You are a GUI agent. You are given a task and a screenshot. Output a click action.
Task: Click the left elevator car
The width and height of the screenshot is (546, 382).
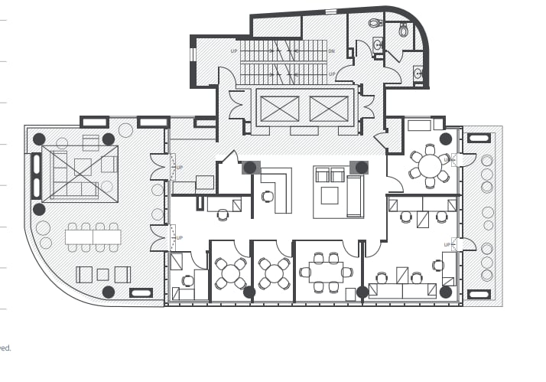(279, 109)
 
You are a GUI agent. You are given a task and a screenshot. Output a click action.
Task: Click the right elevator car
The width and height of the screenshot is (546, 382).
(329, 109)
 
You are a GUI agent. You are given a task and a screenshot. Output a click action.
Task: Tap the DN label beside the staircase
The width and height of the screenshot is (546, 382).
(332, 51)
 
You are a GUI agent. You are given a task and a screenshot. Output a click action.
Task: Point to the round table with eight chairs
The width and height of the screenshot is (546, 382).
(430, 165)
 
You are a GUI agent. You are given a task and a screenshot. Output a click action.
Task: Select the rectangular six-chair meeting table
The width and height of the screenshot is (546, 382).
(326, 273)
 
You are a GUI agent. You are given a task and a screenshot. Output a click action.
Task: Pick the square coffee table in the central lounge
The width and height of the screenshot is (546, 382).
(330, 195)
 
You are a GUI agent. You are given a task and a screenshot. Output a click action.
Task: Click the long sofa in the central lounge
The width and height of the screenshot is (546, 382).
(355, 196)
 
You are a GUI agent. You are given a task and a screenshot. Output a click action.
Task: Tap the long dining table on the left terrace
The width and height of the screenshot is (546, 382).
(93, 237)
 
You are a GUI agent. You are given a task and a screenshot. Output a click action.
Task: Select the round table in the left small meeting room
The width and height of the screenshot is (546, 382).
(230, 273)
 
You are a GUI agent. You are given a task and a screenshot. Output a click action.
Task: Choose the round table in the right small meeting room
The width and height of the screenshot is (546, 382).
(274, 273)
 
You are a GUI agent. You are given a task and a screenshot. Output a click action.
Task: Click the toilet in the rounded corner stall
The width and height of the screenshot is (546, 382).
(404, 31)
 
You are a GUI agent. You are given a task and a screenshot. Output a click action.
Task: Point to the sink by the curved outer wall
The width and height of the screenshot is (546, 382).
(418, 73)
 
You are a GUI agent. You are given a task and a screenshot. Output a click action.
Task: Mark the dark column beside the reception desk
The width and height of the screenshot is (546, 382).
(250, 167)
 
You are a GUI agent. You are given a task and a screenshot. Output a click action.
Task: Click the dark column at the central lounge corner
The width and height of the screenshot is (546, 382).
(361, 167)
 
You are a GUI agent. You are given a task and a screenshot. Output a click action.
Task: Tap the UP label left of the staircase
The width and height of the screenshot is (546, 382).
(234, 51)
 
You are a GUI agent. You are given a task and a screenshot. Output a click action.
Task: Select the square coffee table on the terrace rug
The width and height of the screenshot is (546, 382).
(83, 166)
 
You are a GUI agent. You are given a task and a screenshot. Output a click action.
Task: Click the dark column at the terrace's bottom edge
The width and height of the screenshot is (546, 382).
(109, 292)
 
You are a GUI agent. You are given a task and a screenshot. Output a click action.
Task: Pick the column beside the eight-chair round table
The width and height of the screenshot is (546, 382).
(445, 139)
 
